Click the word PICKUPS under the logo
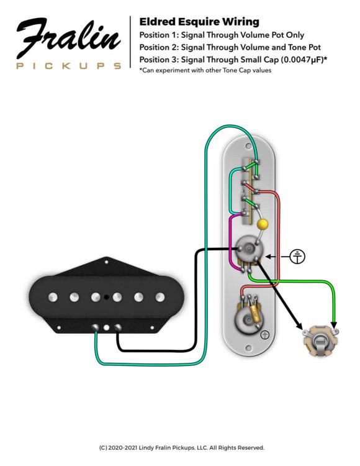(69, 66)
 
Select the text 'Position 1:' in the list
(158, 35)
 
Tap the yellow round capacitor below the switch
(263, 224)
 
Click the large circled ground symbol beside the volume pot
(297, 257)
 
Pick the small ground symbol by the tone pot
(264, 336)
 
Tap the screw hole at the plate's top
(248, 146)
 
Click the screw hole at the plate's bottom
(248, 347)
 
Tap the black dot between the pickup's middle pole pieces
(106, 297)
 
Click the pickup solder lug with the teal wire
(95, 327)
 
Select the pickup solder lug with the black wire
(117, 327)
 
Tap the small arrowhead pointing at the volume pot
(268, 257)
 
